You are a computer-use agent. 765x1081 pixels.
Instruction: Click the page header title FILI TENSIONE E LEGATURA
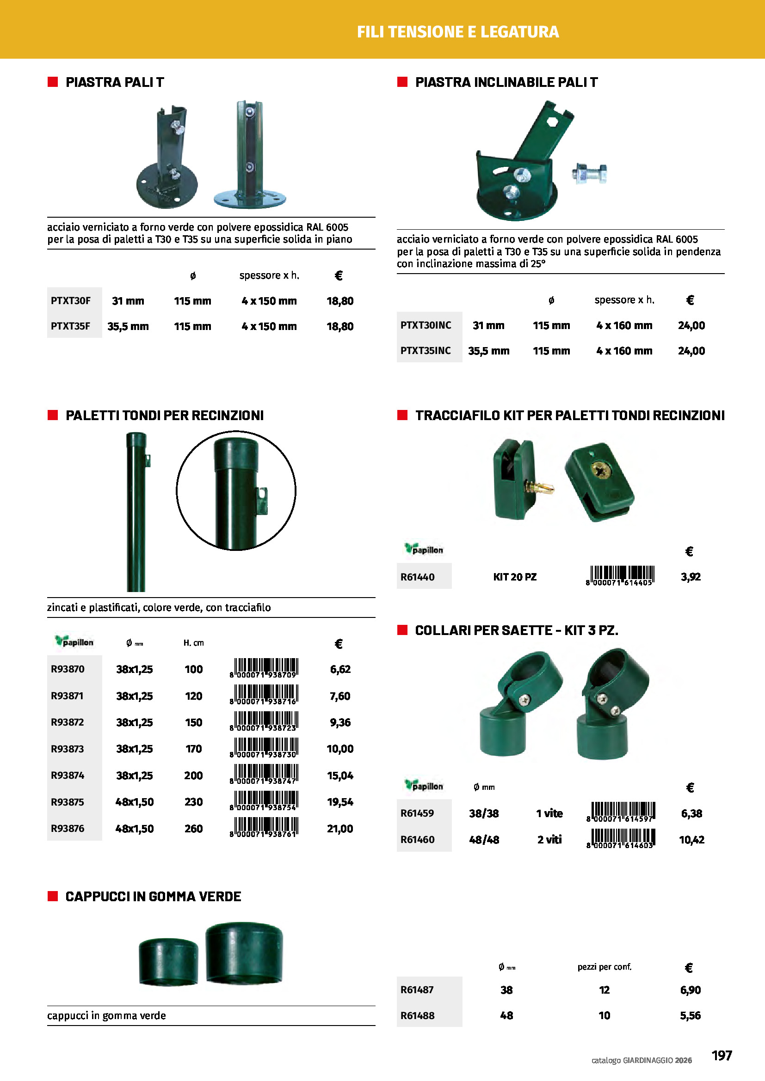pos(457,31)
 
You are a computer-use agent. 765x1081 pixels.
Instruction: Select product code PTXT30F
pos(71,300)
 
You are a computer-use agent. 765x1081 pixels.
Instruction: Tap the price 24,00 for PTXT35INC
pos(691,351)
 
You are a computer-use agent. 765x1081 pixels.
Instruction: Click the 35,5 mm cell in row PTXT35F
pos(128,326)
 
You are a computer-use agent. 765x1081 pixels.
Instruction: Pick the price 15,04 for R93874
pos(339,776)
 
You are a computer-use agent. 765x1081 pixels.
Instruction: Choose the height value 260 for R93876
pos(193,829)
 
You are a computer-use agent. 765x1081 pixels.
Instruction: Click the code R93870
pos(68,669)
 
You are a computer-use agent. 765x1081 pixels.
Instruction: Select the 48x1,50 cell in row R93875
pos(134,802)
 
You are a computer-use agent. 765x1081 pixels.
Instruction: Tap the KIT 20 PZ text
pos(514,577)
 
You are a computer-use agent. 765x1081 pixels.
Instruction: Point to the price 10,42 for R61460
pos(691,839)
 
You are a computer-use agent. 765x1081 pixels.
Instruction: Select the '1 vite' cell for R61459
pos(549,813)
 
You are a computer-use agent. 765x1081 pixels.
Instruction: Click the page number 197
pos(721,1055)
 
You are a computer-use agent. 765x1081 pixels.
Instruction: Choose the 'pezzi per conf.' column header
pos(604,966)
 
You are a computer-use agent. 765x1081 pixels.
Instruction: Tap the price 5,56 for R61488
pos(690,1015)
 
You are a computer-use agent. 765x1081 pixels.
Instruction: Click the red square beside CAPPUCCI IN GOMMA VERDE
pos(53,896)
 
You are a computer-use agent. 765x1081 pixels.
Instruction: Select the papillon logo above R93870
pos(74,641)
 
